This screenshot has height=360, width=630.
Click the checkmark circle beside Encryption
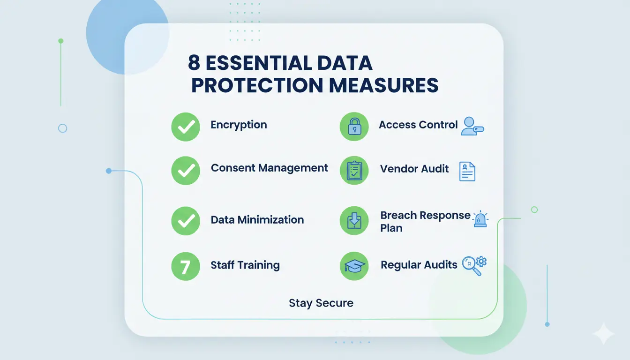pos(186,127)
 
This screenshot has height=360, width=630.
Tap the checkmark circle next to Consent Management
pos(186,170)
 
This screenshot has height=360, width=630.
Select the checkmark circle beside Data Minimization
pos(186,221)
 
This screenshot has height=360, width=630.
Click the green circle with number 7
pos(186,266)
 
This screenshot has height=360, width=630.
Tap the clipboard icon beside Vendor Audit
pos(354,170)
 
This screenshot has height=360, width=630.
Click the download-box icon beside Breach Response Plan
pos(354,221)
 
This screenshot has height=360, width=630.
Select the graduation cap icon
pos(354,266)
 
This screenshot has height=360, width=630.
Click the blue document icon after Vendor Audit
pos(467,172)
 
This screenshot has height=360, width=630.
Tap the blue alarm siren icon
pos(480,220)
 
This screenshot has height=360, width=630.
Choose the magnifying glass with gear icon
pos(474,265)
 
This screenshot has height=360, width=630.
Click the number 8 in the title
pos(194,63)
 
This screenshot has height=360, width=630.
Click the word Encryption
pos(239,125)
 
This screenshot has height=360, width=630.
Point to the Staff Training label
pos(245,265)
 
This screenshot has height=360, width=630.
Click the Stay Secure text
pos(321,303)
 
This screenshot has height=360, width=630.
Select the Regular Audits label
pos(419,265)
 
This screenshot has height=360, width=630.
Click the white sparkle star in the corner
pos(603,334)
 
